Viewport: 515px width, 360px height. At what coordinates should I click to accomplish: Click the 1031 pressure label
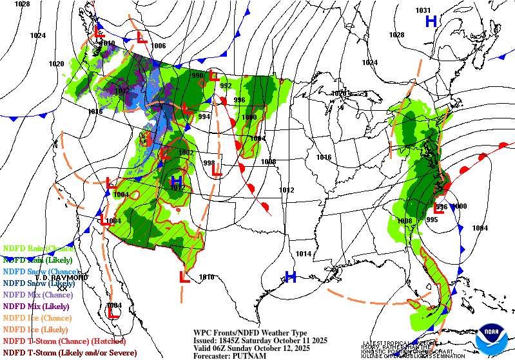pos(423,10)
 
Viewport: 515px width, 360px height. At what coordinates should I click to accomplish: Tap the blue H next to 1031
pos(431,22)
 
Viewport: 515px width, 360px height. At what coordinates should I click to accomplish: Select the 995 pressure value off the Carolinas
pos(431,220)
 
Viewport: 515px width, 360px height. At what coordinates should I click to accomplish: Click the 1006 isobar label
pos(159,46)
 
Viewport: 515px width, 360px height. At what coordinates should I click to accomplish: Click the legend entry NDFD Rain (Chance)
pos(39,248)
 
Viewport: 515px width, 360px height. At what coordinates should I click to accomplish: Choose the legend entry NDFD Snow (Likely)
pos(39,283)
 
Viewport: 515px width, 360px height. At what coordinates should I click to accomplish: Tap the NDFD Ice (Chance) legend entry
pos(37,317)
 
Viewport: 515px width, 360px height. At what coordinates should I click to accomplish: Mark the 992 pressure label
pos(226,86)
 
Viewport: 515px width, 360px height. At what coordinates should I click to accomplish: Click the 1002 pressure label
pos(186,153)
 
